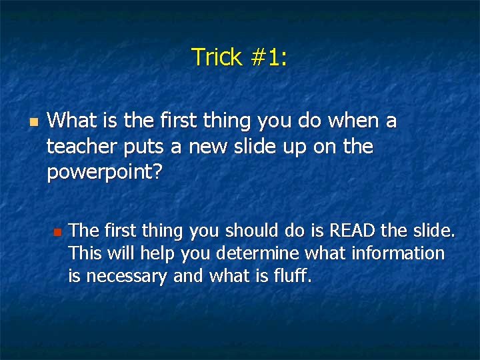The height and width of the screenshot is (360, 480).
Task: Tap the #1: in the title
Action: [268, 57]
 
